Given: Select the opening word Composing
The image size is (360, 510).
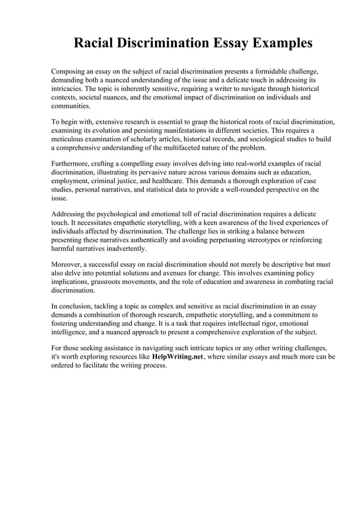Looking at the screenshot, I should (x=70, y=72).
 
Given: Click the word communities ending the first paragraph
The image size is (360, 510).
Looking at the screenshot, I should (x=71, y=106).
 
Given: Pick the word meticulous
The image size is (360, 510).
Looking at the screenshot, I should (x=69, y=139).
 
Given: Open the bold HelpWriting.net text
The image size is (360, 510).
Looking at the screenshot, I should (x=177, y=357).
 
